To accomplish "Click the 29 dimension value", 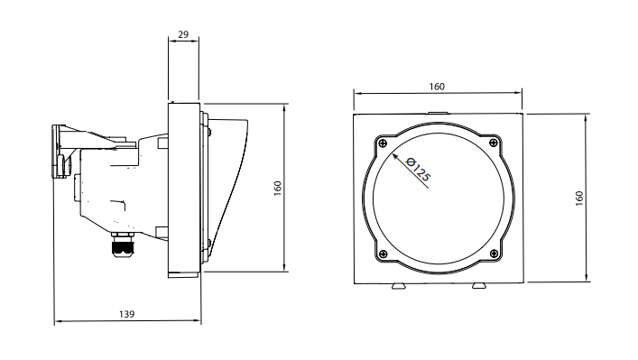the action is pos(183,34).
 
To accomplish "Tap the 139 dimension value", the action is pos(126,314).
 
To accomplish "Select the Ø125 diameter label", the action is pos(418,169).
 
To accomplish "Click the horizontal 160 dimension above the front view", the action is pos(437,87).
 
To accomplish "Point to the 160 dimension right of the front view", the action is pos(579,198).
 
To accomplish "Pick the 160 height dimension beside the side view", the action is pos(278,189).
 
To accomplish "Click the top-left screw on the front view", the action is pos(383,143).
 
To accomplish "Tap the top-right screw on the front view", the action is pos(494,143).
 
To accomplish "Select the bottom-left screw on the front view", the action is pos(383,254).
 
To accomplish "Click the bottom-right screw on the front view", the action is pos(494,254).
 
